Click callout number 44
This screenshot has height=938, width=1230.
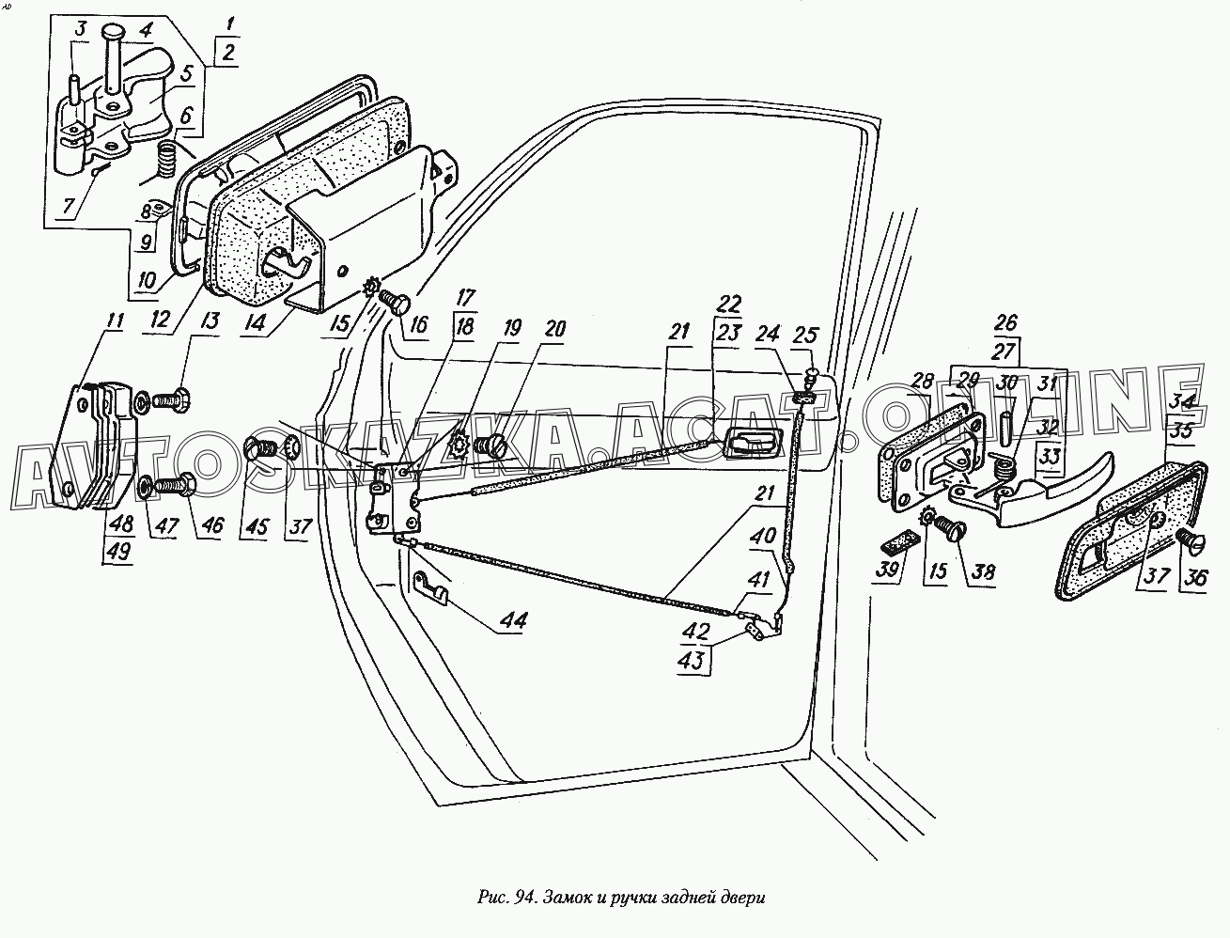[x=513, y=620]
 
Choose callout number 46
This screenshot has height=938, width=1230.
[x=212, y=524]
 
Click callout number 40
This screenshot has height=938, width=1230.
[x=762, y=537]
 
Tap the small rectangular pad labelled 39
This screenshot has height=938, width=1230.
[x=898, y=543]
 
